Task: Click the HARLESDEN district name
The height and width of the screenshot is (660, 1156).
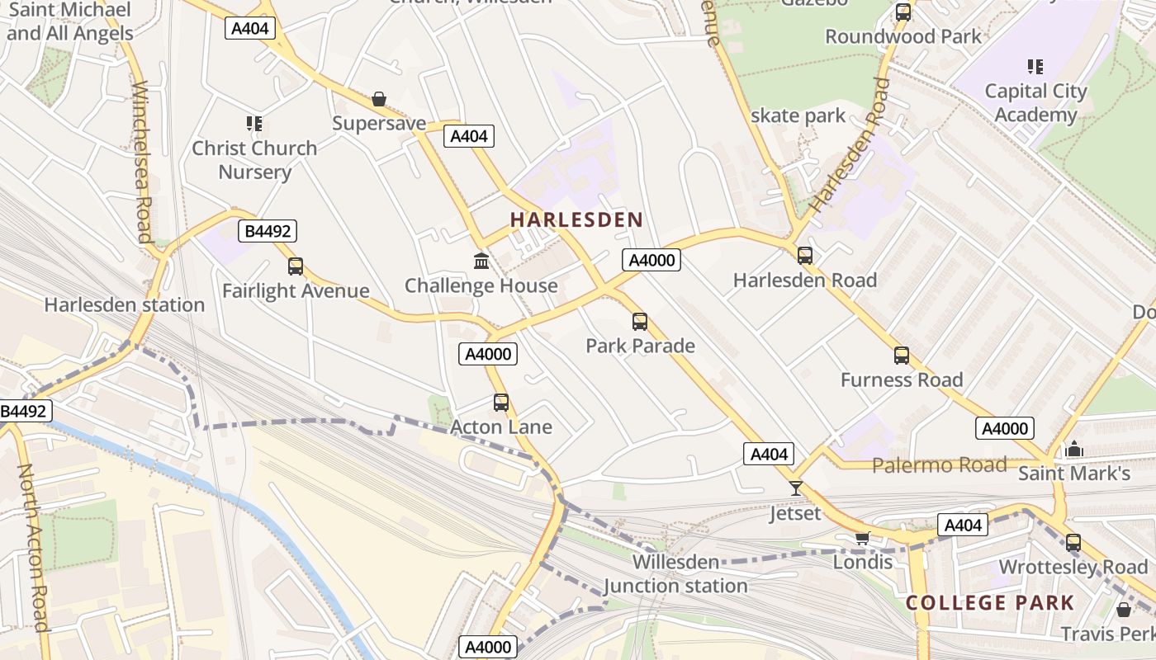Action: click(576, 219)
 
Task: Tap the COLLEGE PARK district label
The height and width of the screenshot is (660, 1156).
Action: click(990, 602)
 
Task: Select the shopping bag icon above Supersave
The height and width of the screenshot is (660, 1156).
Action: click(379, 100)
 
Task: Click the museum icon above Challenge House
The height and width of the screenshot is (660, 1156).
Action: click(481, 262)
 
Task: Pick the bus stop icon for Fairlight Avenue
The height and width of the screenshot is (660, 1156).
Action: click(296, 266)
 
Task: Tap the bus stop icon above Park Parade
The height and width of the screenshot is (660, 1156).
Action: click(640, 322)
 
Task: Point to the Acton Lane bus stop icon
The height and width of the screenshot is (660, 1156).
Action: click(501, 403)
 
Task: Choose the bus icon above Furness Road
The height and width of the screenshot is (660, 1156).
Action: click(902, 356)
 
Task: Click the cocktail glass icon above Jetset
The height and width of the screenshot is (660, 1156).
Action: click(795, 488)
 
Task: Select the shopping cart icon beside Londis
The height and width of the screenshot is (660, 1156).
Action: click(862, 538)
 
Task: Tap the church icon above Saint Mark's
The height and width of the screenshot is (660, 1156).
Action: click(1073, 450)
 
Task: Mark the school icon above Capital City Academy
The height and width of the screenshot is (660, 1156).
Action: click(1035, 66)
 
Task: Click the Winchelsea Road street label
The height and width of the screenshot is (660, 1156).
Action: click(141, 161)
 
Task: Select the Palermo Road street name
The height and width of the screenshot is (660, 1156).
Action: click(940, 464)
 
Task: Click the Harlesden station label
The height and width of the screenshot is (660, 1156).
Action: click(125, 304)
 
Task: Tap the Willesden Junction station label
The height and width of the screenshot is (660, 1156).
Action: click(675, 574)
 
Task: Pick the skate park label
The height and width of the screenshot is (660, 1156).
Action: click(798, 115)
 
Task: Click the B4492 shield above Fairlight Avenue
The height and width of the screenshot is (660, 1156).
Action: click(267, 232)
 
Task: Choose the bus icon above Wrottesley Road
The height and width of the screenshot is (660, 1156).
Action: click(1073, 543)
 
